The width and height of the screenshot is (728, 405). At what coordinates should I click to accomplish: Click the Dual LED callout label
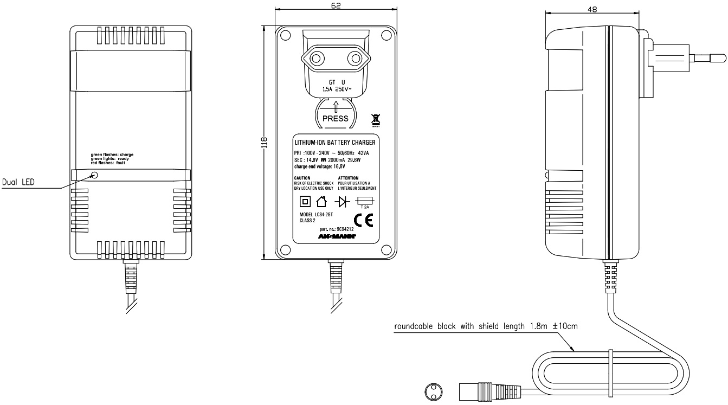(18, 183)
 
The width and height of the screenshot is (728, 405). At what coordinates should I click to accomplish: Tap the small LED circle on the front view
(94, 175)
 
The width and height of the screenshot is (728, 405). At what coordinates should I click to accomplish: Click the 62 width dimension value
(335, 5)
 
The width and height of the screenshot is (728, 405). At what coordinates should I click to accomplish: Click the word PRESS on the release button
(335, 118)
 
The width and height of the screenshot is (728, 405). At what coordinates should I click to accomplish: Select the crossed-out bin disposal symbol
(375, 120)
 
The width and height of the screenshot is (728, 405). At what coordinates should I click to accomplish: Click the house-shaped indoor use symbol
(321, 202)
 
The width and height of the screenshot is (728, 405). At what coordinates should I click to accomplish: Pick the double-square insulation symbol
(305, 202)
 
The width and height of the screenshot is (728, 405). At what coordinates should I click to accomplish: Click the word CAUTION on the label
(302, 178)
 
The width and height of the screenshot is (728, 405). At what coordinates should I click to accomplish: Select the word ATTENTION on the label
(349, 178)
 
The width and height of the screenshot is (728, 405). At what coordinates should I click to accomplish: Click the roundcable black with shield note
(486, 326)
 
